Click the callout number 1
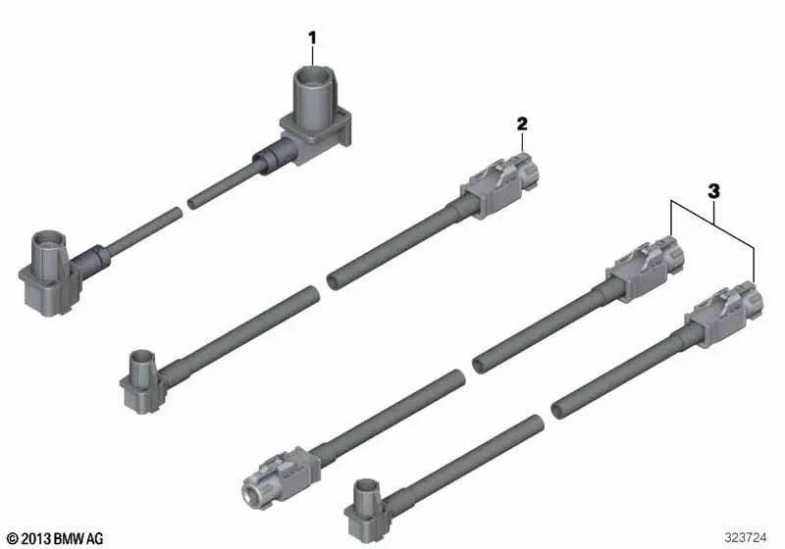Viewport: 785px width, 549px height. click(x=313, y=37)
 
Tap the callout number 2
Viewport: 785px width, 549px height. click(x=522, y=124)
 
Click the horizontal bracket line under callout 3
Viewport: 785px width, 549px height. click(x=712, y=202)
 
